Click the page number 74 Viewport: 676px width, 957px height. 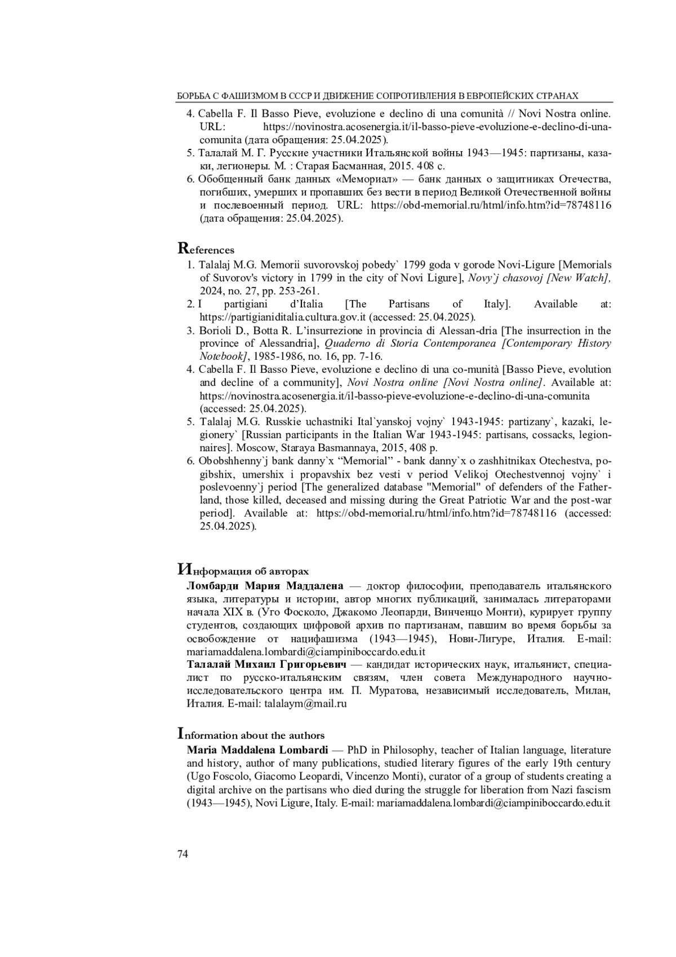183,854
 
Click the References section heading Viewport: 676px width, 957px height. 206,249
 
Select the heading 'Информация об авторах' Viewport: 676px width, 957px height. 243,570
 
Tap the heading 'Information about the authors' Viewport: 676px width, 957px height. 251,735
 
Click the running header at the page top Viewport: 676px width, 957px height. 378,96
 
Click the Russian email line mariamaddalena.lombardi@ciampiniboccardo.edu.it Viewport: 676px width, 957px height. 306,651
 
